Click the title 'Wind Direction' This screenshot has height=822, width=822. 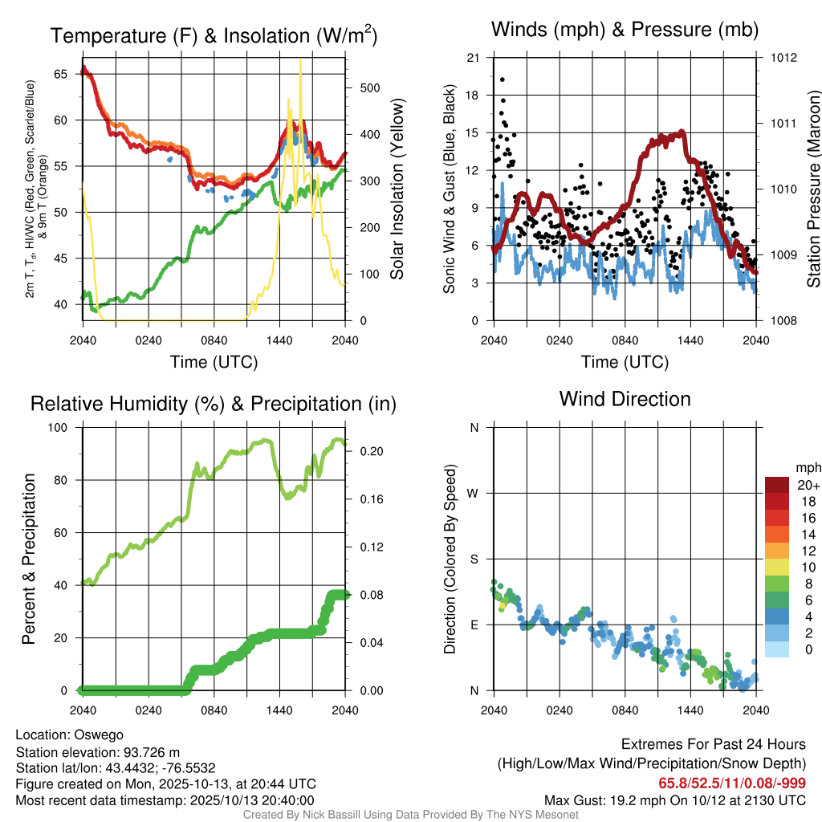625,399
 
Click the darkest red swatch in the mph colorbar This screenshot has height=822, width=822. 777,484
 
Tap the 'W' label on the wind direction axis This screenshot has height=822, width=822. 474,493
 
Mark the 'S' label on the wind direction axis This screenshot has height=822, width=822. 474,559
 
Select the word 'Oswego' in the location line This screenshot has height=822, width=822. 99,735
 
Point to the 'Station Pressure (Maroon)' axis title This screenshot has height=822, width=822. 812,189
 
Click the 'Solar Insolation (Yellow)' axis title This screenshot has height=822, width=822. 397,189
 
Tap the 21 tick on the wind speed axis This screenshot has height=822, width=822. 473,58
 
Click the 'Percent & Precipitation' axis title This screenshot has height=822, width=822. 30,559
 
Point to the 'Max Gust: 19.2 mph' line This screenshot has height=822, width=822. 674,800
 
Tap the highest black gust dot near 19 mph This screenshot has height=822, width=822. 503,79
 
